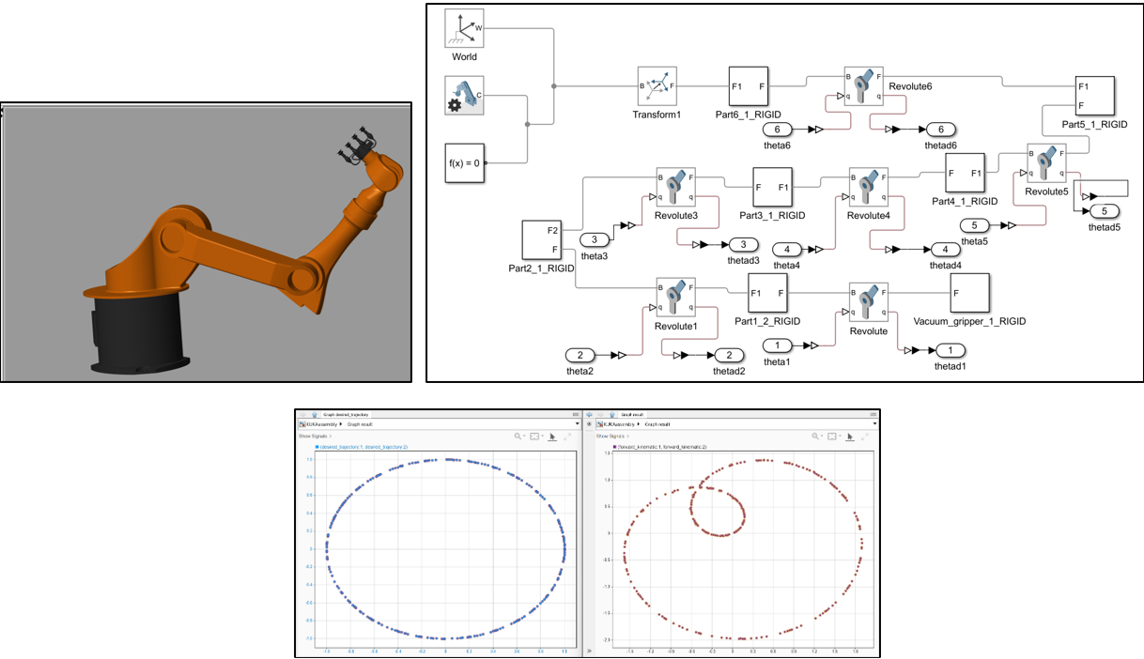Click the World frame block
point(464,29)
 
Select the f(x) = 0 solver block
point(464,162)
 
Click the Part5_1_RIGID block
point(1093,96)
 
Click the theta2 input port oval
point(580,356)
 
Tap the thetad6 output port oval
point(941,130)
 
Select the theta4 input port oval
point(787,249)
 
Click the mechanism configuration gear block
point(464,96)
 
